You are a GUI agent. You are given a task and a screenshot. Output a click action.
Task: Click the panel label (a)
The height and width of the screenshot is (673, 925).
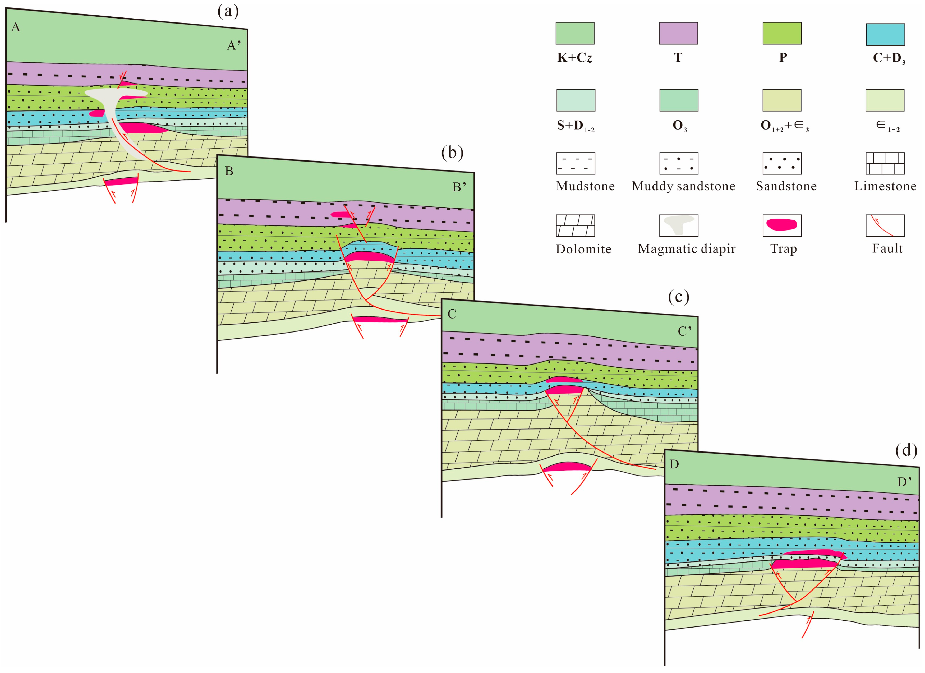click(x=228, y=11)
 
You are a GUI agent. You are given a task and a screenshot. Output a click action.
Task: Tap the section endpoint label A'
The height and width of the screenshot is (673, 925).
click(x=234, y=45)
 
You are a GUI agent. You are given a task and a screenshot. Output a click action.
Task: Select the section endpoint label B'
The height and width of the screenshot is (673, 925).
click(x=459, y=187)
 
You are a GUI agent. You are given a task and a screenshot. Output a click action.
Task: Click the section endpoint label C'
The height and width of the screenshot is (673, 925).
click(x=684, y=331)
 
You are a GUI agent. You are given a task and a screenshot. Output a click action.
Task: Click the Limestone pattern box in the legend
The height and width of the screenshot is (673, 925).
click(x=885, y=163)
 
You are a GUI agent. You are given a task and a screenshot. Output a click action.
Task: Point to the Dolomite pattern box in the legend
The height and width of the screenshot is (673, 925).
click(x=576, y=225)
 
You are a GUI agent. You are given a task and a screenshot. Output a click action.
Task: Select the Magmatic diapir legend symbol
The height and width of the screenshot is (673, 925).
click(x=679, y=225)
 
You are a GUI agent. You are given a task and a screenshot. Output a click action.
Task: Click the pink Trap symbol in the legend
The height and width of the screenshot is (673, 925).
click(x=782, y=225)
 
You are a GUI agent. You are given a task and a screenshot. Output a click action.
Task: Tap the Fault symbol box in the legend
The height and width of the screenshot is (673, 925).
click(x=885, y=225)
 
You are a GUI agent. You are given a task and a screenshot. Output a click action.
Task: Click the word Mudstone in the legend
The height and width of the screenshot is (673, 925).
click(x=585, y=186)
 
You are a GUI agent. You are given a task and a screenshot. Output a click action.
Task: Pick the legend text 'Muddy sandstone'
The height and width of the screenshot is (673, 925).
click(x=684, y=186)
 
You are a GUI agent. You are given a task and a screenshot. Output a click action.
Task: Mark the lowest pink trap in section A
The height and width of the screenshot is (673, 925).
click(x=121, y=181)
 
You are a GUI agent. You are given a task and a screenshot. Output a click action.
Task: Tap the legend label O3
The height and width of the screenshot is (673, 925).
click(x=679, y=126)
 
